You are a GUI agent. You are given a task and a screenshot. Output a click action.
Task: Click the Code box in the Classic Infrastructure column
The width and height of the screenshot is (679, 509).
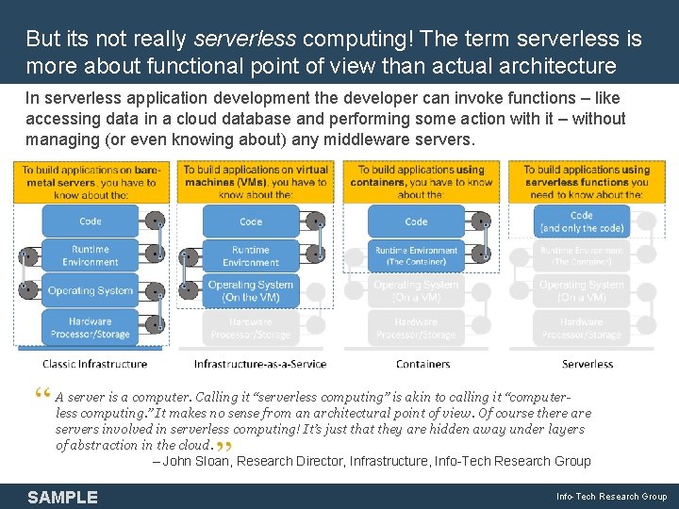[91, 222]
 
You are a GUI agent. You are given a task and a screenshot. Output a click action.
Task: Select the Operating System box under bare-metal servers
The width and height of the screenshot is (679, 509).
[91, 290]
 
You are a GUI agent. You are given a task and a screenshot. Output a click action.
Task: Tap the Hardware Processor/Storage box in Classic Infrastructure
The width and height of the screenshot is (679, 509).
[91, 327]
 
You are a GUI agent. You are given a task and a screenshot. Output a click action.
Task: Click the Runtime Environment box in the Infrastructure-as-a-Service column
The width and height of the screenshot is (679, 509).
[251, 255]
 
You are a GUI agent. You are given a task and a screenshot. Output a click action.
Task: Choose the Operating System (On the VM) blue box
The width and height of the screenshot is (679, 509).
[251, 290]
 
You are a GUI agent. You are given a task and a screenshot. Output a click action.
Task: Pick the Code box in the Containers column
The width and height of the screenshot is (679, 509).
[416, 222]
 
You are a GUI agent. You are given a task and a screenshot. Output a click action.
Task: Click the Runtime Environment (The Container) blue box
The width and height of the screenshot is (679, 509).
[416, 255]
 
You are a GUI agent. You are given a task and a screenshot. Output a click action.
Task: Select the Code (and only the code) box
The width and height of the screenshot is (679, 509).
[582, 222]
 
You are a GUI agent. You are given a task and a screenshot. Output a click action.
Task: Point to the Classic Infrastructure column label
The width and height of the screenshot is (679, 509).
[94, 364]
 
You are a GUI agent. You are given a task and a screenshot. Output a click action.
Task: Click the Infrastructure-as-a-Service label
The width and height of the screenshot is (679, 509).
[260, 364]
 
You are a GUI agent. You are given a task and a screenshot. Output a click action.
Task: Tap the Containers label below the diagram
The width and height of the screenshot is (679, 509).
[423, 364]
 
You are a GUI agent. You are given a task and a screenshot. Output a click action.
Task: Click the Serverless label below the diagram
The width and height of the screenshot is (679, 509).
[588, 364]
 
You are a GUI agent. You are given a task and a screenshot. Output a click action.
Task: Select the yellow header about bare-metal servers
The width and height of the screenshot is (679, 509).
[91, 182]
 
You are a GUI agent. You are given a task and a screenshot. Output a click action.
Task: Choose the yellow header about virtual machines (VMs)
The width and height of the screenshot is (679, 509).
[257, 182]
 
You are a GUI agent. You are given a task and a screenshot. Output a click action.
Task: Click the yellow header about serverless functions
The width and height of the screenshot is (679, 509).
[587, 182]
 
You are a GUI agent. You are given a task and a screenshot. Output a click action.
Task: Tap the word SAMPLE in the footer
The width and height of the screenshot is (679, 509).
[62, 497]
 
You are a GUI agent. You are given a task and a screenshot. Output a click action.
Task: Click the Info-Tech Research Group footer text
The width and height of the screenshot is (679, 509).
[611, 497]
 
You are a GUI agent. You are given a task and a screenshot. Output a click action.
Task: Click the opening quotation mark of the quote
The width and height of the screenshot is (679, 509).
[46, 395]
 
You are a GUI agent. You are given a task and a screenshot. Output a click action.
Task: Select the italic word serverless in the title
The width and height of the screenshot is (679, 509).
[245, 40]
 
